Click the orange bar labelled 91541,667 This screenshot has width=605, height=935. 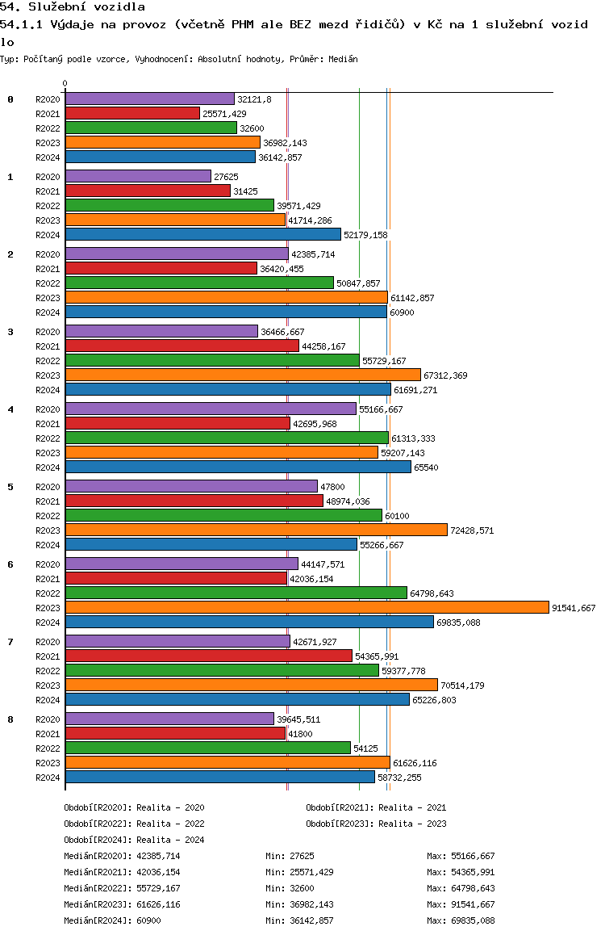coord(307,608)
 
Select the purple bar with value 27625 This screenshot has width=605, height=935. coord(138,177)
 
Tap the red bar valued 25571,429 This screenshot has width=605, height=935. coord(132,113)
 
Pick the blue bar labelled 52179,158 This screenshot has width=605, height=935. coord(203,234)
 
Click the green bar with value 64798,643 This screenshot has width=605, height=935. coord(236,593)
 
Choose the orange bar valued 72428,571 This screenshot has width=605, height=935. coord(256,530)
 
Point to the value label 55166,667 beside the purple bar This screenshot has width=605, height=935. coord(381,409)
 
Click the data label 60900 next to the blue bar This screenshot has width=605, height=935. coord(402,312)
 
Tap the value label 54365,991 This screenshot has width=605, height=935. coord(377,656)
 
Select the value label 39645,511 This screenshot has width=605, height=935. coord(298,719)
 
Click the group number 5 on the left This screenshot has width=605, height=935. coord(10,487)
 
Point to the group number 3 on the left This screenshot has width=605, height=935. coord(10,332)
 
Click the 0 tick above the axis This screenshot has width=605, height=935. coord(65,83)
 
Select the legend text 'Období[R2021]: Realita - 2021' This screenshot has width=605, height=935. coord(376,807)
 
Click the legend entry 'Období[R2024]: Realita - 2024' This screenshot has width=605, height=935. coord(134,840)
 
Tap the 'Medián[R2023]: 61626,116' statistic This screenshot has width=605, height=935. coord(122,904)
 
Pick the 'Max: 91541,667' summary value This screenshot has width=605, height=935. coord(461,904)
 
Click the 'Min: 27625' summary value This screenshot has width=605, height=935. coord(290,856)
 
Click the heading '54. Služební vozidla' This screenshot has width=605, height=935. coord(73,6)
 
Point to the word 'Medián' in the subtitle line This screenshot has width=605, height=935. coord(343,59)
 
